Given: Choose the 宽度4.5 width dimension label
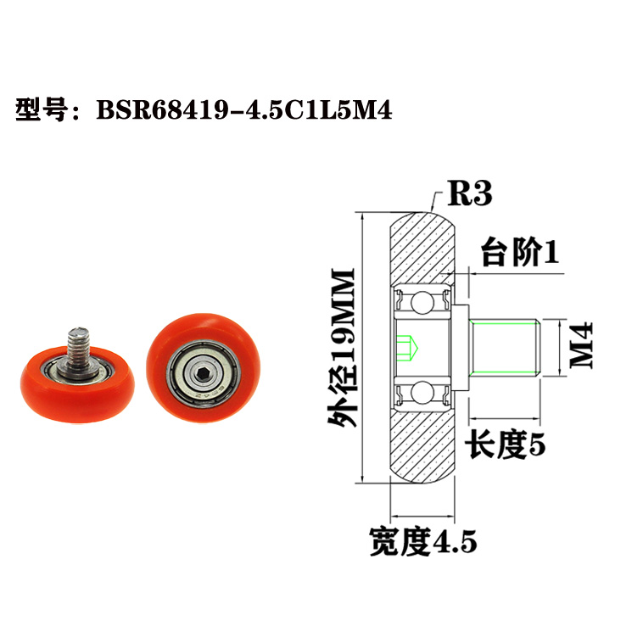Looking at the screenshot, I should (x=422, y=540).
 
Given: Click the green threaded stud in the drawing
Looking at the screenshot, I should (x=506, y=347).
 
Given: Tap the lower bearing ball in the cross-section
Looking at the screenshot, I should (x=422, y=392).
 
